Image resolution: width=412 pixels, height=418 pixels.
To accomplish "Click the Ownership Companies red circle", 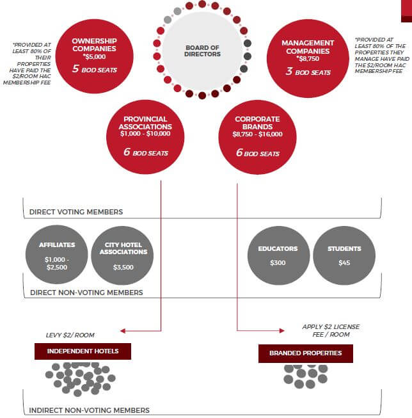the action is (94, 56).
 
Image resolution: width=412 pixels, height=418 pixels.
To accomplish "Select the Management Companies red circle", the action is (308, 58).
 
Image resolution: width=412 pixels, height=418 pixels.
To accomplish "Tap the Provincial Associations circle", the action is (145, 137).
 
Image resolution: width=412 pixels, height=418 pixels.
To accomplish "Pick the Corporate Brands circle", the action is (257, 137).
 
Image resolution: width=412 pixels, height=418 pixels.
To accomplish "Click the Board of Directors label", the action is (202, 51).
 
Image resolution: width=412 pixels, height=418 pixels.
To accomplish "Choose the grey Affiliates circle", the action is (57, 255).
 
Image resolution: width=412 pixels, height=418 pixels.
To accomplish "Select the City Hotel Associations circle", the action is (122, 255).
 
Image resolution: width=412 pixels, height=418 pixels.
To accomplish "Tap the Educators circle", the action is (279, 255).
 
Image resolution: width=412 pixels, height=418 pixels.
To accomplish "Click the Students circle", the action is (344, 255).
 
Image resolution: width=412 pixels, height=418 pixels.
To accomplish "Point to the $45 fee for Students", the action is (344, 263).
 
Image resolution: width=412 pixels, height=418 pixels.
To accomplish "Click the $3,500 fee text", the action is (123, 267).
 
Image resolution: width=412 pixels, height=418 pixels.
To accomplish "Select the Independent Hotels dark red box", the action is (83, 351).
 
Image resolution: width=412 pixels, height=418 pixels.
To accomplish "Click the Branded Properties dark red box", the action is (306, 353).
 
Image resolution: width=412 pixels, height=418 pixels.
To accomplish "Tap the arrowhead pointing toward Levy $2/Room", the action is (123, 331).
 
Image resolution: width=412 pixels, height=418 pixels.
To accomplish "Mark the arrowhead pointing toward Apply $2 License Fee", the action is (282, 331).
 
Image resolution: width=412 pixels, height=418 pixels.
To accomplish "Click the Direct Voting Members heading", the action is (76, 212).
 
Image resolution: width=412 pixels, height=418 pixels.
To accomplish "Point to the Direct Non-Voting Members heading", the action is (86, 293).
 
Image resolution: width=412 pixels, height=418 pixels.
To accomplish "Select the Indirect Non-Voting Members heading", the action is (90, 410).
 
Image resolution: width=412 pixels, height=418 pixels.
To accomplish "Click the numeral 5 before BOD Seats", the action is (75, 68).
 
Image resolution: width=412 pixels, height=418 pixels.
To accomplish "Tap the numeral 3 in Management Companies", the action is (289, 71).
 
